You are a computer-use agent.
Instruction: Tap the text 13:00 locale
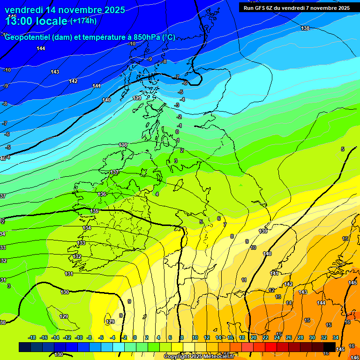36,21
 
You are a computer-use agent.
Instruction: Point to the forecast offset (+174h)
83,21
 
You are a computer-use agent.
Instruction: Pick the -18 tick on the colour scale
32,337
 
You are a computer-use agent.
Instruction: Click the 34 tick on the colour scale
336,337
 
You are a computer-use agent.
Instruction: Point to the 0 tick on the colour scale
135,337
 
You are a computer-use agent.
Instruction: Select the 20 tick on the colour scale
254,337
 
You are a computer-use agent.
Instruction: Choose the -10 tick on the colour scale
79,337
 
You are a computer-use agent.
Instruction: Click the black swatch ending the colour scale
330,347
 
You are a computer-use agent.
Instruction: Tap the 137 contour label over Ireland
114,172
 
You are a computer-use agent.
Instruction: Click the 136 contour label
102,194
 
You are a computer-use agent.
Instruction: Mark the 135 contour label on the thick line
95,211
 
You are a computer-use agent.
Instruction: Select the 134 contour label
87,228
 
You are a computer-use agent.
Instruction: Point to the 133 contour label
82,243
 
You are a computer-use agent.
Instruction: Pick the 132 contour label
77,257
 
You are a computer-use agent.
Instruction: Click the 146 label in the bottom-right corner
354,357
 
